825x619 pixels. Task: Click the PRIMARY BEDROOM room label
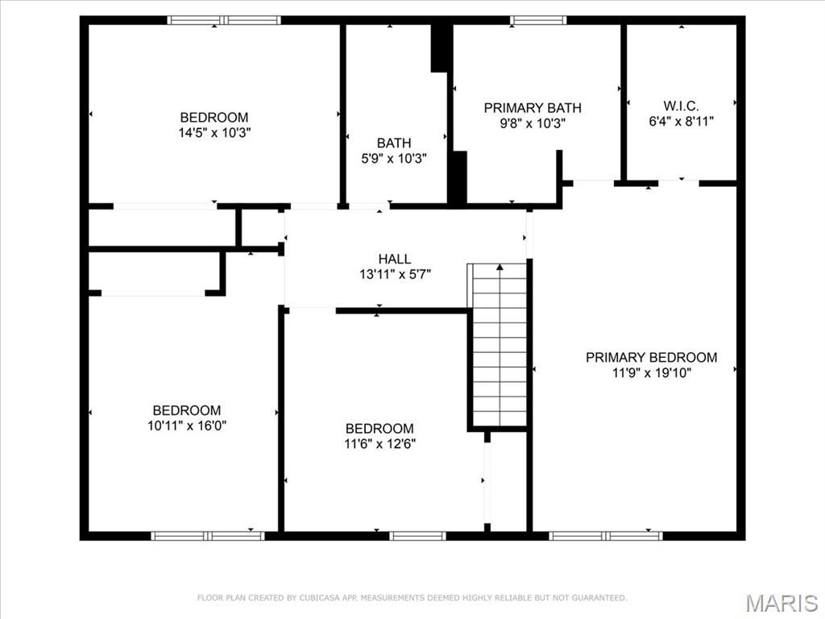click(x=651, y=357)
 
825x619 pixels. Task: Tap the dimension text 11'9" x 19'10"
click(x=651, y=372)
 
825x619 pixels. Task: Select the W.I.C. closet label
click(x=681, y=106)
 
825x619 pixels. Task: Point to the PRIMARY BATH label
click(x=532, y=108)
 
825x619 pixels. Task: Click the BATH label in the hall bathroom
click(x=394, y=143)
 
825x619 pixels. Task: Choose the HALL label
click(x=395, y=259)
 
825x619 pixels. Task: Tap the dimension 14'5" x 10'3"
click(x=214, y=132)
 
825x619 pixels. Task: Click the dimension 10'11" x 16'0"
click(x=186, y=426)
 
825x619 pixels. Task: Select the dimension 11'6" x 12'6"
click(x=379, y=443)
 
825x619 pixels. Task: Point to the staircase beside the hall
click(x=500, y=347)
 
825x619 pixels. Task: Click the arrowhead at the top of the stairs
click(x=500, y=267)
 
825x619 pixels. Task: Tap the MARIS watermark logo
click(x=781, y=602)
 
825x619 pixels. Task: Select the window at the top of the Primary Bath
click(x=538, y=20)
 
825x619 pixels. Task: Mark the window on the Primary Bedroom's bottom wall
click(x=606, y=535)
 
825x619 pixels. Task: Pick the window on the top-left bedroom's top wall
click(x=224, y=20)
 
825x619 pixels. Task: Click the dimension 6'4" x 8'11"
click(x=681, y=122)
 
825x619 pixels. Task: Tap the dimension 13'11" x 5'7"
click(x=395, y=274)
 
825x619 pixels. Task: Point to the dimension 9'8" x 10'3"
click(x=532, y=123)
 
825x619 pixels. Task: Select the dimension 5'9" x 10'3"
click(x=394, y=159)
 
